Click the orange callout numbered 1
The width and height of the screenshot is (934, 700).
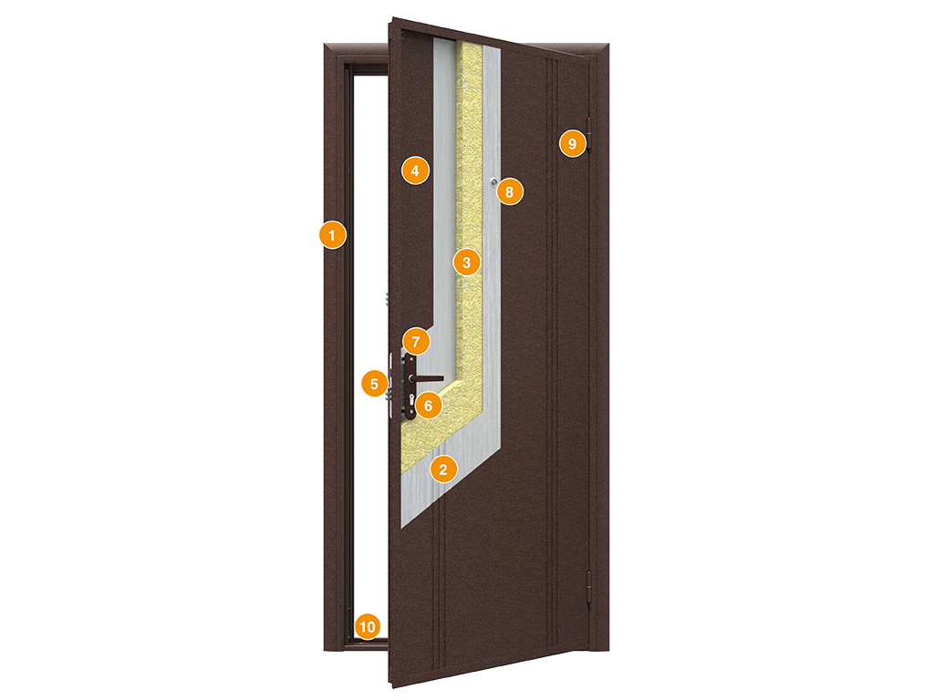(332, 235)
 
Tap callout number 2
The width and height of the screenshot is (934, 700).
(442, 469)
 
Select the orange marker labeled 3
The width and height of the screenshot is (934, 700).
(466, 262)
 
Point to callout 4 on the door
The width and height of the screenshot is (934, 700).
(415, 170)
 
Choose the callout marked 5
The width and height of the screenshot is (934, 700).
(375, 384)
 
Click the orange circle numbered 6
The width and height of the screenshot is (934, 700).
(429, 406)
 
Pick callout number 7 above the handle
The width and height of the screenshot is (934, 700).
(416, 342)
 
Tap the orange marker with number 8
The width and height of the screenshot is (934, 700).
(509, 191)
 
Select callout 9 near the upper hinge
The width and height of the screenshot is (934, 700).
(573, 143)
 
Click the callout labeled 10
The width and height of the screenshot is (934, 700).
(368, 626)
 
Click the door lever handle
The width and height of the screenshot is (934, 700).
(427, 378)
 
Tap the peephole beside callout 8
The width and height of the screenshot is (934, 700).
(493, 182)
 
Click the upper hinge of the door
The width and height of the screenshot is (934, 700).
(589, 135)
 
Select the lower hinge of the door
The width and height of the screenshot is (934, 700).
(589, 589)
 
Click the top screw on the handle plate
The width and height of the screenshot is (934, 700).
(409, 359)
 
